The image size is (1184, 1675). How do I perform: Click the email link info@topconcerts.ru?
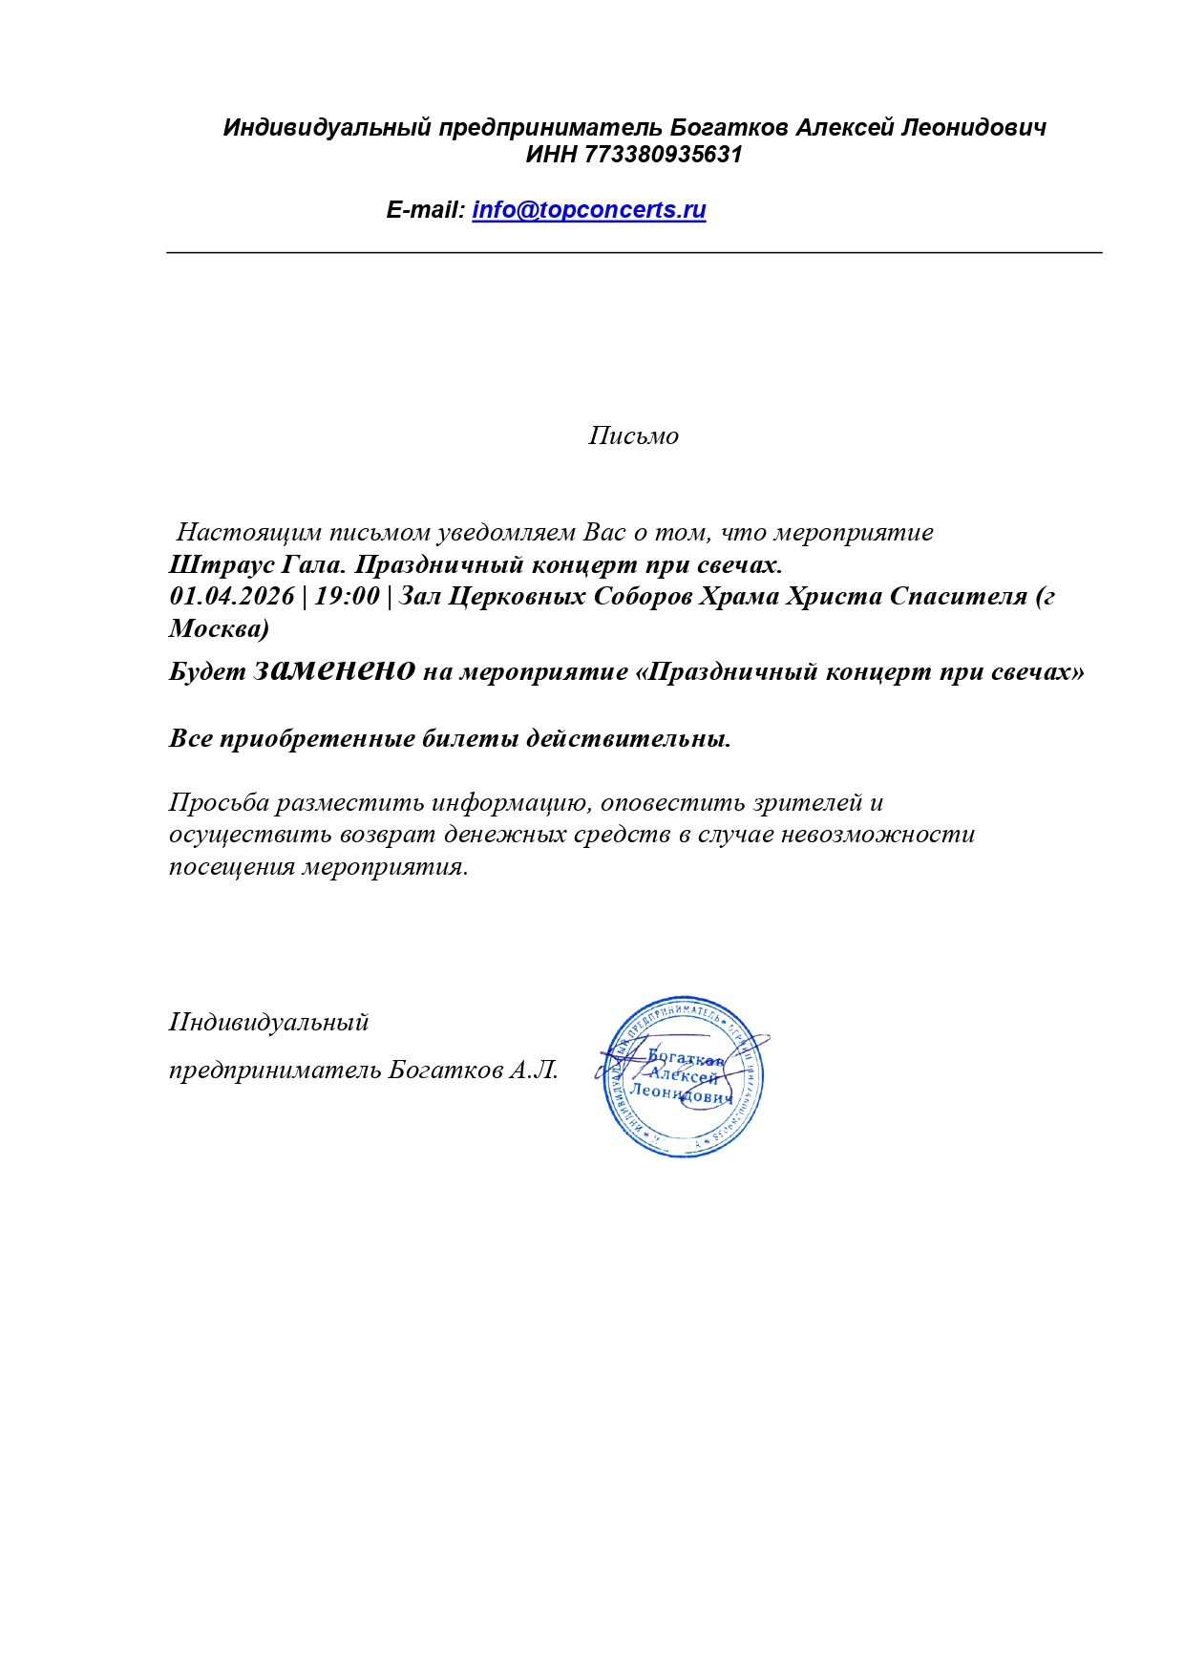coord(588,210)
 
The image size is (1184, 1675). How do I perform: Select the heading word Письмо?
coord(633,436)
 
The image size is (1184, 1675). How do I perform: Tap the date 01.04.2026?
coord(232,597)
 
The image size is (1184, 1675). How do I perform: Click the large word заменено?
coord(334,669)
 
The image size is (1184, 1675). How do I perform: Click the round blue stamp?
coord(683,1076)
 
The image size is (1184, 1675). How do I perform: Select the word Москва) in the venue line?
coord(219,629)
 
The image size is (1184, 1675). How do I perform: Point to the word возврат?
coord(392,835)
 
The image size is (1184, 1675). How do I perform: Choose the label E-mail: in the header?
coord(425,210)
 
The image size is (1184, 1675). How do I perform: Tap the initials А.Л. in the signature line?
coord(534,1070)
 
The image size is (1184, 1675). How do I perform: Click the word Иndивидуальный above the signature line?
coord(268,1023)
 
